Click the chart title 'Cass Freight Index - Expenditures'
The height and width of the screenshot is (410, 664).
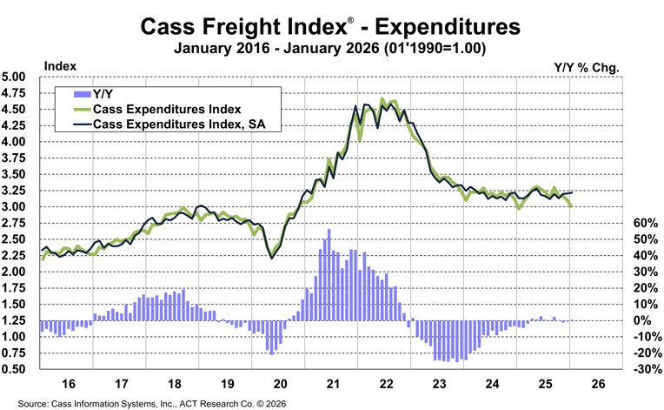(331, 27)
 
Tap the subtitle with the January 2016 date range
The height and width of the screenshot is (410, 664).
(331, 49)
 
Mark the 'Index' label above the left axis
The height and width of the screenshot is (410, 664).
(59, 65)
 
